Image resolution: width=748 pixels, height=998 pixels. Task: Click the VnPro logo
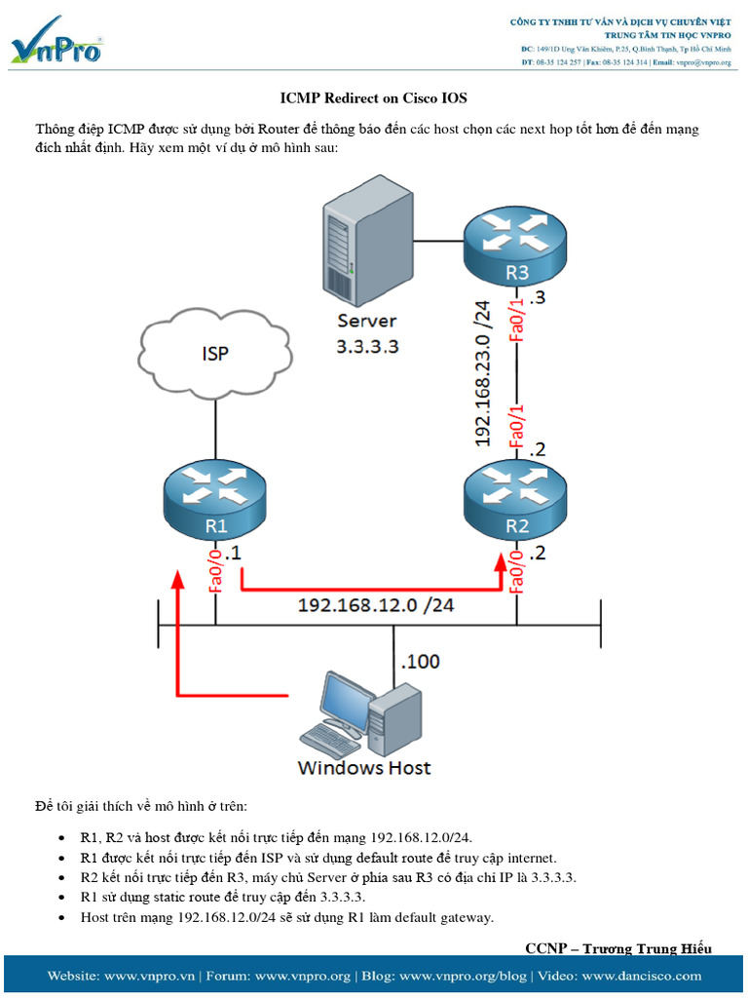coord(56,41)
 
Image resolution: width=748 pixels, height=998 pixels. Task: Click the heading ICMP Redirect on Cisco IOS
coord(374,98)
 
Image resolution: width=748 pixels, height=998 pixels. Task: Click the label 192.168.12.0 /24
coord(375,605)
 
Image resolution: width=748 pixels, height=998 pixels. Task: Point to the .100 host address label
coord(420,662)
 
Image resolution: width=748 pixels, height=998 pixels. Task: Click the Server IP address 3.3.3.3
coord(367,345)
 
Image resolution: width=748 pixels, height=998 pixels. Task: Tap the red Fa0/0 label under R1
coord(216,569)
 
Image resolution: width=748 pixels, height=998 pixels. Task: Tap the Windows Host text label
coord(363,768)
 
